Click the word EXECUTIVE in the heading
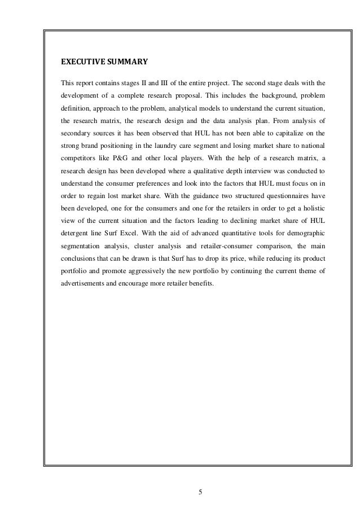pyautogui.click(x=80, y=61)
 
